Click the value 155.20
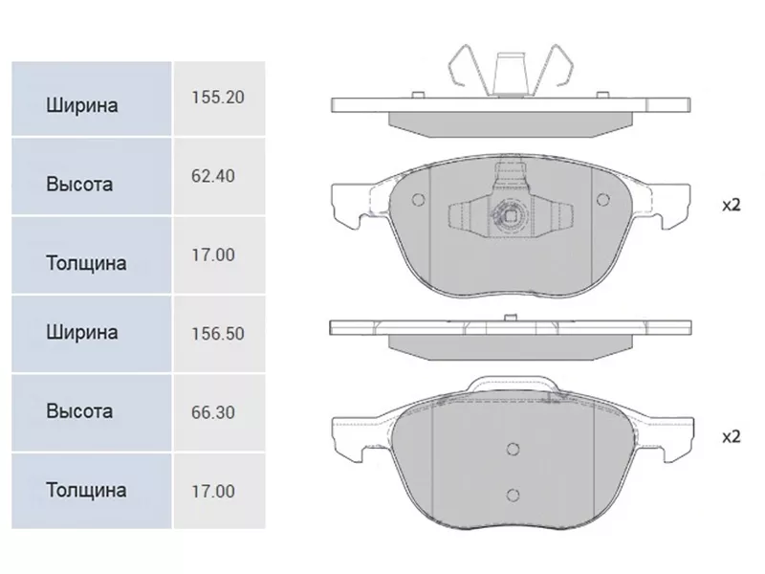218,98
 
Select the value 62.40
213,176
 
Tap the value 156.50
218,334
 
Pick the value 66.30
213,412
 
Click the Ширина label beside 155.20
82,105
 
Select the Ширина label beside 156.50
82,332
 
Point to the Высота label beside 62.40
79,184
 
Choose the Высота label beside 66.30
79,411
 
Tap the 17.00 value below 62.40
213,255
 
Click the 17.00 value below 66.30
213,492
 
